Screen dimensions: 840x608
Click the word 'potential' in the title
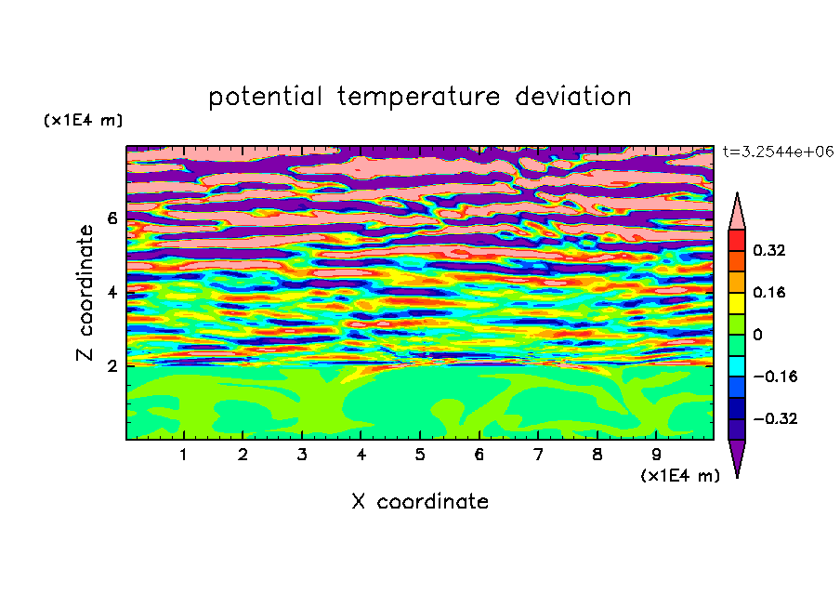[x=265, y=97]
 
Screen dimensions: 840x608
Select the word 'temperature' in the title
[x=419, y=97]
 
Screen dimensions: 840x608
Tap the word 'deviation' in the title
[x=573, y=96]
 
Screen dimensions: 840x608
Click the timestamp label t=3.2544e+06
[x=778, y=152]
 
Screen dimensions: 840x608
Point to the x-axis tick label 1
[x=183, y=455]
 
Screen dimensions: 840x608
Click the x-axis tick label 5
[x=420, y=455]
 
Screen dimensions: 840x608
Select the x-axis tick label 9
[x=656, y=455]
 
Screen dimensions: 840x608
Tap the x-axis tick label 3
[x=302, y=455]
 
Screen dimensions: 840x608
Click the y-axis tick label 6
[x=112, y=218]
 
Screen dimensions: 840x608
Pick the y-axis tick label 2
[x=112, y=366]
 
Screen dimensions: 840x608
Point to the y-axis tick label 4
[x=112, y=293]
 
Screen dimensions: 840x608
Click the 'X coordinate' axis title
[x=420, y=501]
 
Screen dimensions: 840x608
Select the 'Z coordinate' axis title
[x=85, y=292]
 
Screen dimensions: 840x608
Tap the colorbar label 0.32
[x=768, y=250]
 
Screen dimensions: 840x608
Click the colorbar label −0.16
[x=775, y=377]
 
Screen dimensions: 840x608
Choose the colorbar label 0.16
[x=768, y=292]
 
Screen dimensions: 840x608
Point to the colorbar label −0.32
[x=775, y=418]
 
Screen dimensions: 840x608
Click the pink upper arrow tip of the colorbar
[x=737, y=193]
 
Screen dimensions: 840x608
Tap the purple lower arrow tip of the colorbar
[x=737, y=477]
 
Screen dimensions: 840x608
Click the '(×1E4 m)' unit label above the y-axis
[x=83, y=120]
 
